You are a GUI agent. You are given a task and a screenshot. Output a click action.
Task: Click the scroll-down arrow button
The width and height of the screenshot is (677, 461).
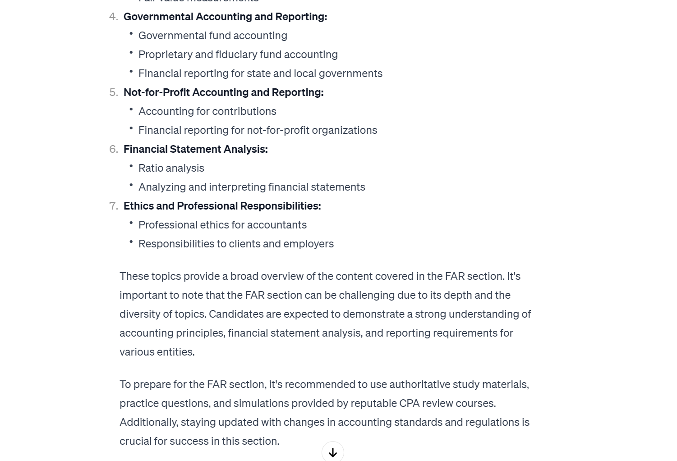333,452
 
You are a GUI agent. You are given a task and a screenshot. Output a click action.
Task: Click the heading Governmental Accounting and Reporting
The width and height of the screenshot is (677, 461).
225,17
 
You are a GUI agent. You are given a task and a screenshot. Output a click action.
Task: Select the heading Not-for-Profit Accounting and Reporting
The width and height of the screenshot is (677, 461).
223,92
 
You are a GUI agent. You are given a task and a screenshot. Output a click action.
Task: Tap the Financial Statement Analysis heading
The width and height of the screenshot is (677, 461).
195,149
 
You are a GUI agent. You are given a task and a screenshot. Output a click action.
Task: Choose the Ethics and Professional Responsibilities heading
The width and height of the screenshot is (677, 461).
222,206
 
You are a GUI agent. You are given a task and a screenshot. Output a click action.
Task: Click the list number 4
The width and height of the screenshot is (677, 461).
114,17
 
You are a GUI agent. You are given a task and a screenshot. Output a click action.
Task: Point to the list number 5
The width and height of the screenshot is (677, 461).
114,92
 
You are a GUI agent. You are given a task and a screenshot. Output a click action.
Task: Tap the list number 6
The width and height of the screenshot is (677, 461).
114,149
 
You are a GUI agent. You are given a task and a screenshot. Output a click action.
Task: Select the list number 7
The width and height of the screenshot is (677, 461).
114,206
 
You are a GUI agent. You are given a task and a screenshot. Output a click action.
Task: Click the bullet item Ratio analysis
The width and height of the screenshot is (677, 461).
171,168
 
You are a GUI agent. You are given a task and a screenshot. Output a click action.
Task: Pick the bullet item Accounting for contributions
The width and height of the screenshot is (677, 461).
207,111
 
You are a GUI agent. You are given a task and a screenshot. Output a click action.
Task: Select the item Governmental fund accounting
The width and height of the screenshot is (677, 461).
212,36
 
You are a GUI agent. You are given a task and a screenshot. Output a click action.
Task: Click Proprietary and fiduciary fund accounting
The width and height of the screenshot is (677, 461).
238,55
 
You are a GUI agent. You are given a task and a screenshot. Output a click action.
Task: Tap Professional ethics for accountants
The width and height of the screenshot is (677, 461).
222,225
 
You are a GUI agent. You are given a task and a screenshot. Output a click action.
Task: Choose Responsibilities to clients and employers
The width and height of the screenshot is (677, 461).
236,244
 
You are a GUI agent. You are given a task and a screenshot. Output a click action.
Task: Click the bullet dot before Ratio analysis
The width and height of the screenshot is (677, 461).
131,166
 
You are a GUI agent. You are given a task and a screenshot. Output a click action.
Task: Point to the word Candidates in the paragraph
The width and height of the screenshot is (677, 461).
236,314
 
